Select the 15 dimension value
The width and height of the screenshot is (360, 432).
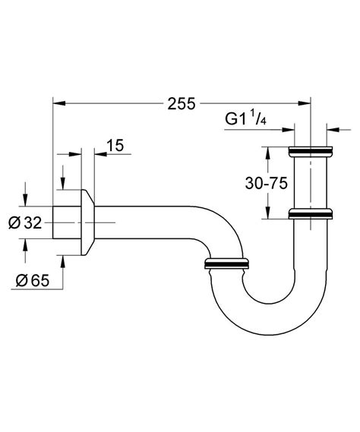115,146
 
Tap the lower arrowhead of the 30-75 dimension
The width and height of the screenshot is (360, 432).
266,214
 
